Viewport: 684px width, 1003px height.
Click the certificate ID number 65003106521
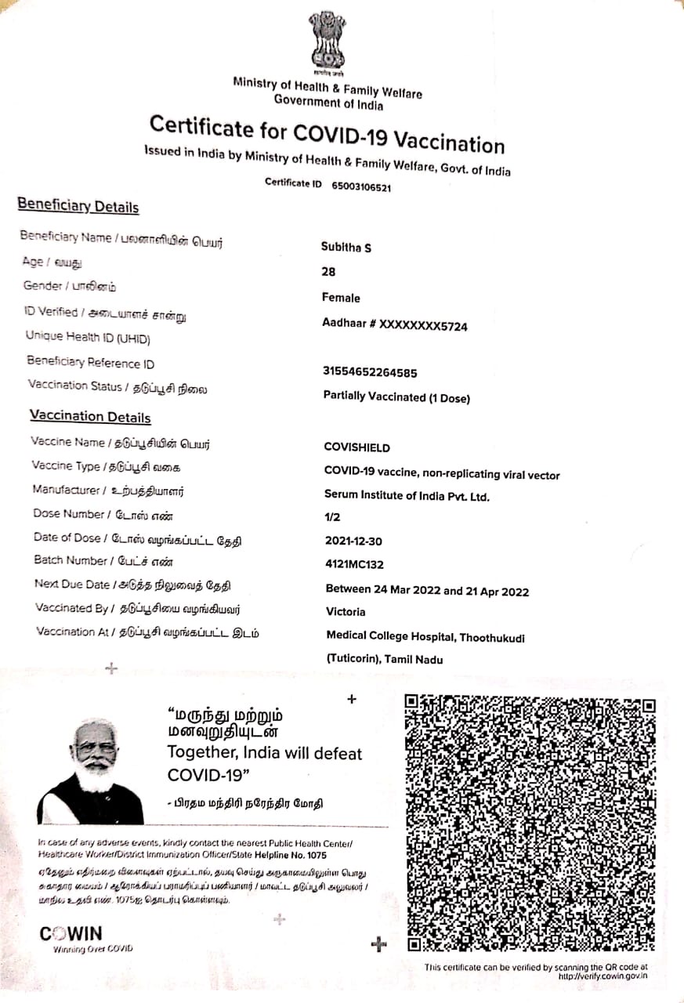point(361,187)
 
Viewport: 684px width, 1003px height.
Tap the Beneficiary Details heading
point(78,207)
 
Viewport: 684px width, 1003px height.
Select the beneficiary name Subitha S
point(346,248)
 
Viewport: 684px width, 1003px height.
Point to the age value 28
point(328,272)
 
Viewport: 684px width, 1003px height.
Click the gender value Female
point(341,298)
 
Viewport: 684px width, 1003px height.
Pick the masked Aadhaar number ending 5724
point(395,325)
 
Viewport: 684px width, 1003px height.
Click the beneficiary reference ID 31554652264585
point(370,371)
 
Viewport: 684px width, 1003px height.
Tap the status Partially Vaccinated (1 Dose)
point(396,396)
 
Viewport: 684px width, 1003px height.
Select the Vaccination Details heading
point(90,417)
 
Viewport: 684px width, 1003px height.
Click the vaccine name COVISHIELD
point(356,448)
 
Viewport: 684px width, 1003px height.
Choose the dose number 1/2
point(332,517)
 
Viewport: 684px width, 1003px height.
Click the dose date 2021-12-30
point(354,541)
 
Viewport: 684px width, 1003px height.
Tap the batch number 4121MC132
point(354,564)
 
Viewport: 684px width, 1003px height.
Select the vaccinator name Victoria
point(346,611)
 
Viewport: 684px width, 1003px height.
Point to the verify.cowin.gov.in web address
point(603,976)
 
